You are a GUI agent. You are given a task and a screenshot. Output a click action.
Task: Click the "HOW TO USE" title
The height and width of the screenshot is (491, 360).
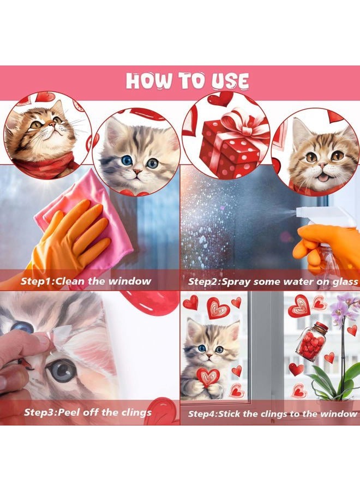click(x=187, y=81)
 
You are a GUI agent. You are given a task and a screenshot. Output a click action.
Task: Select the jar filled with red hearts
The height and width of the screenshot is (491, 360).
click(x=313, y=342)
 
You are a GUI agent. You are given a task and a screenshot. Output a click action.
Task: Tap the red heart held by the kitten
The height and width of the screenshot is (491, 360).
click(x=208, y=377)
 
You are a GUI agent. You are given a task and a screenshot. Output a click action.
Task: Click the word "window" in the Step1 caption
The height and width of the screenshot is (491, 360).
click(x=130, y=281)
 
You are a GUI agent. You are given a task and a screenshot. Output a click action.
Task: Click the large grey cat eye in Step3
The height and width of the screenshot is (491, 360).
click(x=62, y=372)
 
